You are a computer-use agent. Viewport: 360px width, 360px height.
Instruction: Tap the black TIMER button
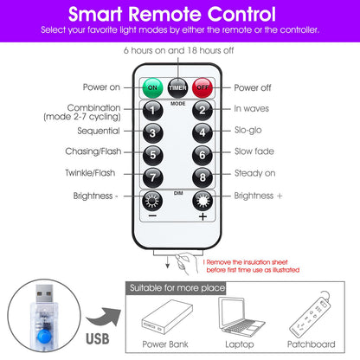(177, 87)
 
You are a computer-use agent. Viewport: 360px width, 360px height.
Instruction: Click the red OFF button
(202, 87)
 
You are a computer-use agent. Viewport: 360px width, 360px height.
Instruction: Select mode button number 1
(153, 111)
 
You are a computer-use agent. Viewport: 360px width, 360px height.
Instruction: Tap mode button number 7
(153, 177)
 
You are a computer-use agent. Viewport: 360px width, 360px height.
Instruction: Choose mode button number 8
(202, 177)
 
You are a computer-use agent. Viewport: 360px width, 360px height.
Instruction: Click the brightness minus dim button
(152, 201)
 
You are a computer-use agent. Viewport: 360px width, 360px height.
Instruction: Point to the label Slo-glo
(248, 130)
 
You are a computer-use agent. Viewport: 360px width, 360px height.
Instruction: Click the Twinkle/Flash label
(90, 173)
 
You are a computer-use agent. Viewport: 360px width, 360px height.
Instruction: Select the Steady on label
(255, 173)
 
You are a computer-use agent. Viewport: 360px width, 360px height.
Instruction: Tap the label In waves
(252, 108)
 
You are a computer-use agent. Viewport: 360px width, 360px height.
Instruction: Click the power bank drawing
(167, 317)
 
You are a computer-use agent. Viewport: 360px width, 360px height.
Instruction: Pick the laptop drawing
(241, 317)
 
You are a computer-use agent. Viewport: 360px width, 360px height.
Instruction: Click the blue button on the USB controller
(44, 337)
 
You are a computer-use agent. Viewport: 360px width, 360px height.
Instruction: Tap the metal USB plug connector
(44, 293)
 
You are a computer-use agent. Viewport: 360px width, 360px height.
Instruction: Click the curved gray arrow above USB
(105, 318)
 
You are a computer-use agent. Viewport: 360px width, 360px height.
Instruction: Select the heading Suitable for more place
(177, 288)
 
